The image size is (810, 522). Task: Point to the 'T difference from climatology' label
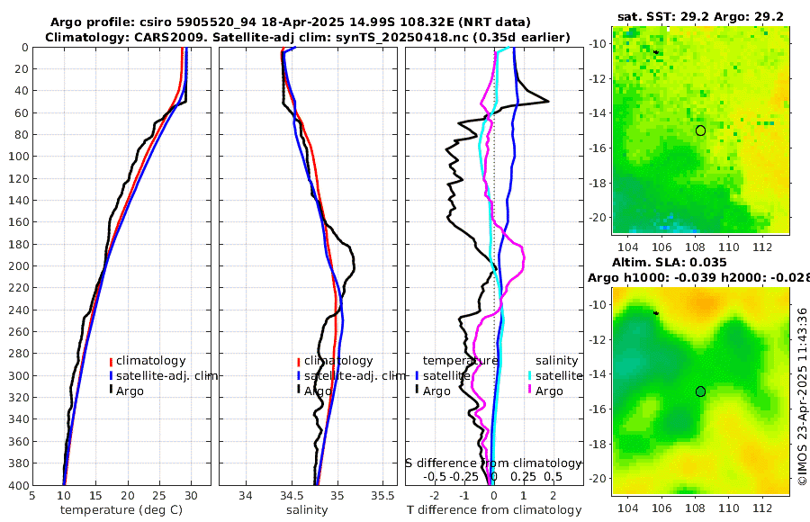click(x=494, y=510)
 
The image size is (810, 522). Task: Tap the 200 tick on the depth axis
click(x=17, y=266)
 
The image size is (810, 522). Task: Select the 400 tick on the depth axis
click(x=17, y=485)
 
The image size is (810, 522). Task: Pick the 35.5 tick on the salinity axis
click(x=383, y=494)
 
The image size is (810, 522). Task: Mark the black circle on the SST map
click(x=700, y=130)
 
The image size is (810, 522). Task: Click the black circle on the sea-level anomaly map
click(x=700, y=391)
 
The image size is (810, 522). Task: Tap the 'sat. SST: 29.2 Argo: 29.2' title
click(x=700, y=16)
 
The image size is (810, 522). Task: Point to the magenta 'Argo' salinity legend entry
click(x=549, y=391)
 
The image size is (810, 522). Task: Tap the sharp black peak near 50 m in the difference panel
click(x=547, y=102)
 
